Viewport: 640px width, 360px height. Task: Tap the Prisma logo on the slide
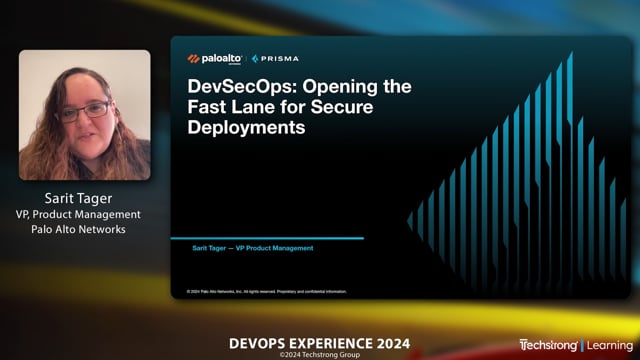pos(276,59)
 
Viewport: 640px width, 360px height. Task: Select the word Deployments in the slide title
pos(247,128)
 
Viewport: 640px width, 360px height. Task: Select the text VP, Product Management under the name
pos(85,214)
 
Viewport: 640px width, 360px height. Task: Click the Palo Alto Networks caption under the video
pos(85,230)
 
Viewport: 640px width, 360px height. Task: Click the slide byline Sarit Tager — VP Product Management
pos(253,248)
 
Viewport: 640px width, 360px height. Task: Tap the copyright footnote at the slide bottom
pos(267,292)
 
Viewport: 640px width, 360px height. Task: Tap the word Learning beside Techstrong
pos(610,345)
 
